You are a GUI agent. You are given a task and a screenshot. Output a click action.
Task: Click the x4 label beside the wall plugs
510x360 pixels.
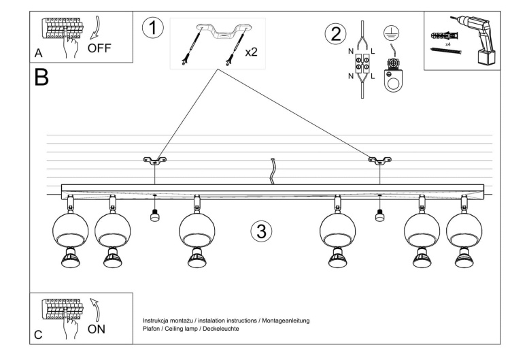point(447,44)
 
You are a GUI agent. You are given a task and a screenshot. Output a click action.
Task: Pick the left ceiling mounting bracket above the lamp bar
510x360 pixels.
point(156,161)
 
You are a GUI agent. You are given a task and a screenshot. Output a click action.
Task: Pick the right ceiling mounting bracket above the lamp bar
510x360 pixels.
point(379,161)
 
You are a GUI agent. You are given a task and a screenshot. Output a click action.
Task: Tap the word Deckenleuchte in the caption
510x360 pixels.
point(220,328)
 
